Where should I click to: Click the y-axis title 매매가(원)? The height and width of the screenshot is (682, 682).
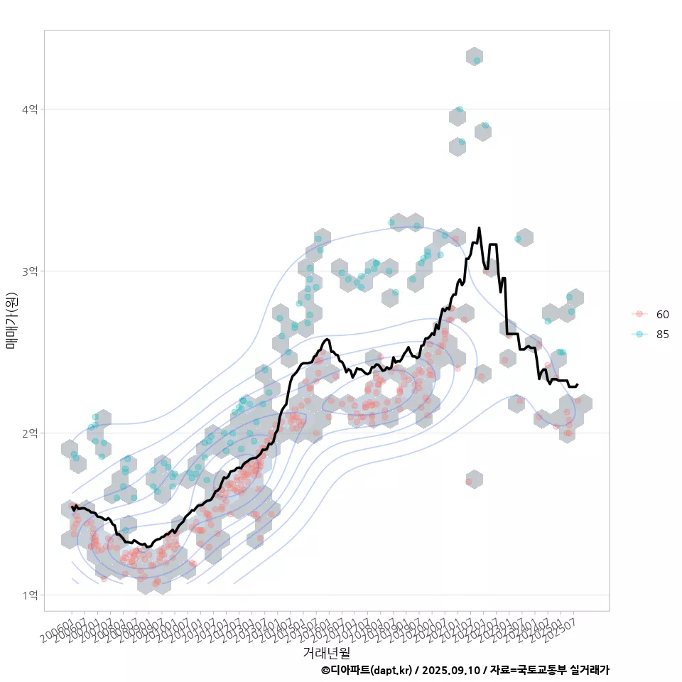tap(12, 320)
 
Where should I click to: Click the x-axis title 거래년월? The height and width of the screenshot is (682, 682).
tap(326, 651)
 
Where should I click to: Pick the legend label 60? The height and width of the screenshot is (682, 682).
tap(662, 314)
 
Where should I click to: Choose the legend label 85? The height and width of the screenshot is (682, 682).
tap(662, 335)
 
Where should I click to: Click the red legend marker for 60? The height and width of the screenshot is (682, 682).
tap(639, 314)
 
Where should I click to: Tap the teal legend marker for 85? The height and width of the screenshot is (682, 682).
tap(639, 335)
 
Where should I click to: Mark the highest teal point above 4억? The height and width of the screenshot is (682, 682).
tap(477, 60)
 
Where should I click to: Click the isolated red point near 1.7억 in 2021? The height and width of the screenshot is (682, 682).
tap(469, 482)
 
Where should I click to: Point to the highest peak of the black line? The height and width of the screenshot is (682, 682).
tap(479, 228)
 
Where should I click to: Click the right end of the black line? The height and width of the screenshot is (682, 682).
tap(577, 384)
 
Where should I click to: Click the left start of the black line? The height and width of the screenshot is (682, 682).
tap(72, 506)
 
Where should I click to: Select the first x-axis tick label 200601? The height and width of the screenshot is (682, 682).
tap(58, 630)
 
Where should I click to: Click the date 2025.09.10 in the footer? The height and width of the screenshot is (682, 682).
tap(451, 670)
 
